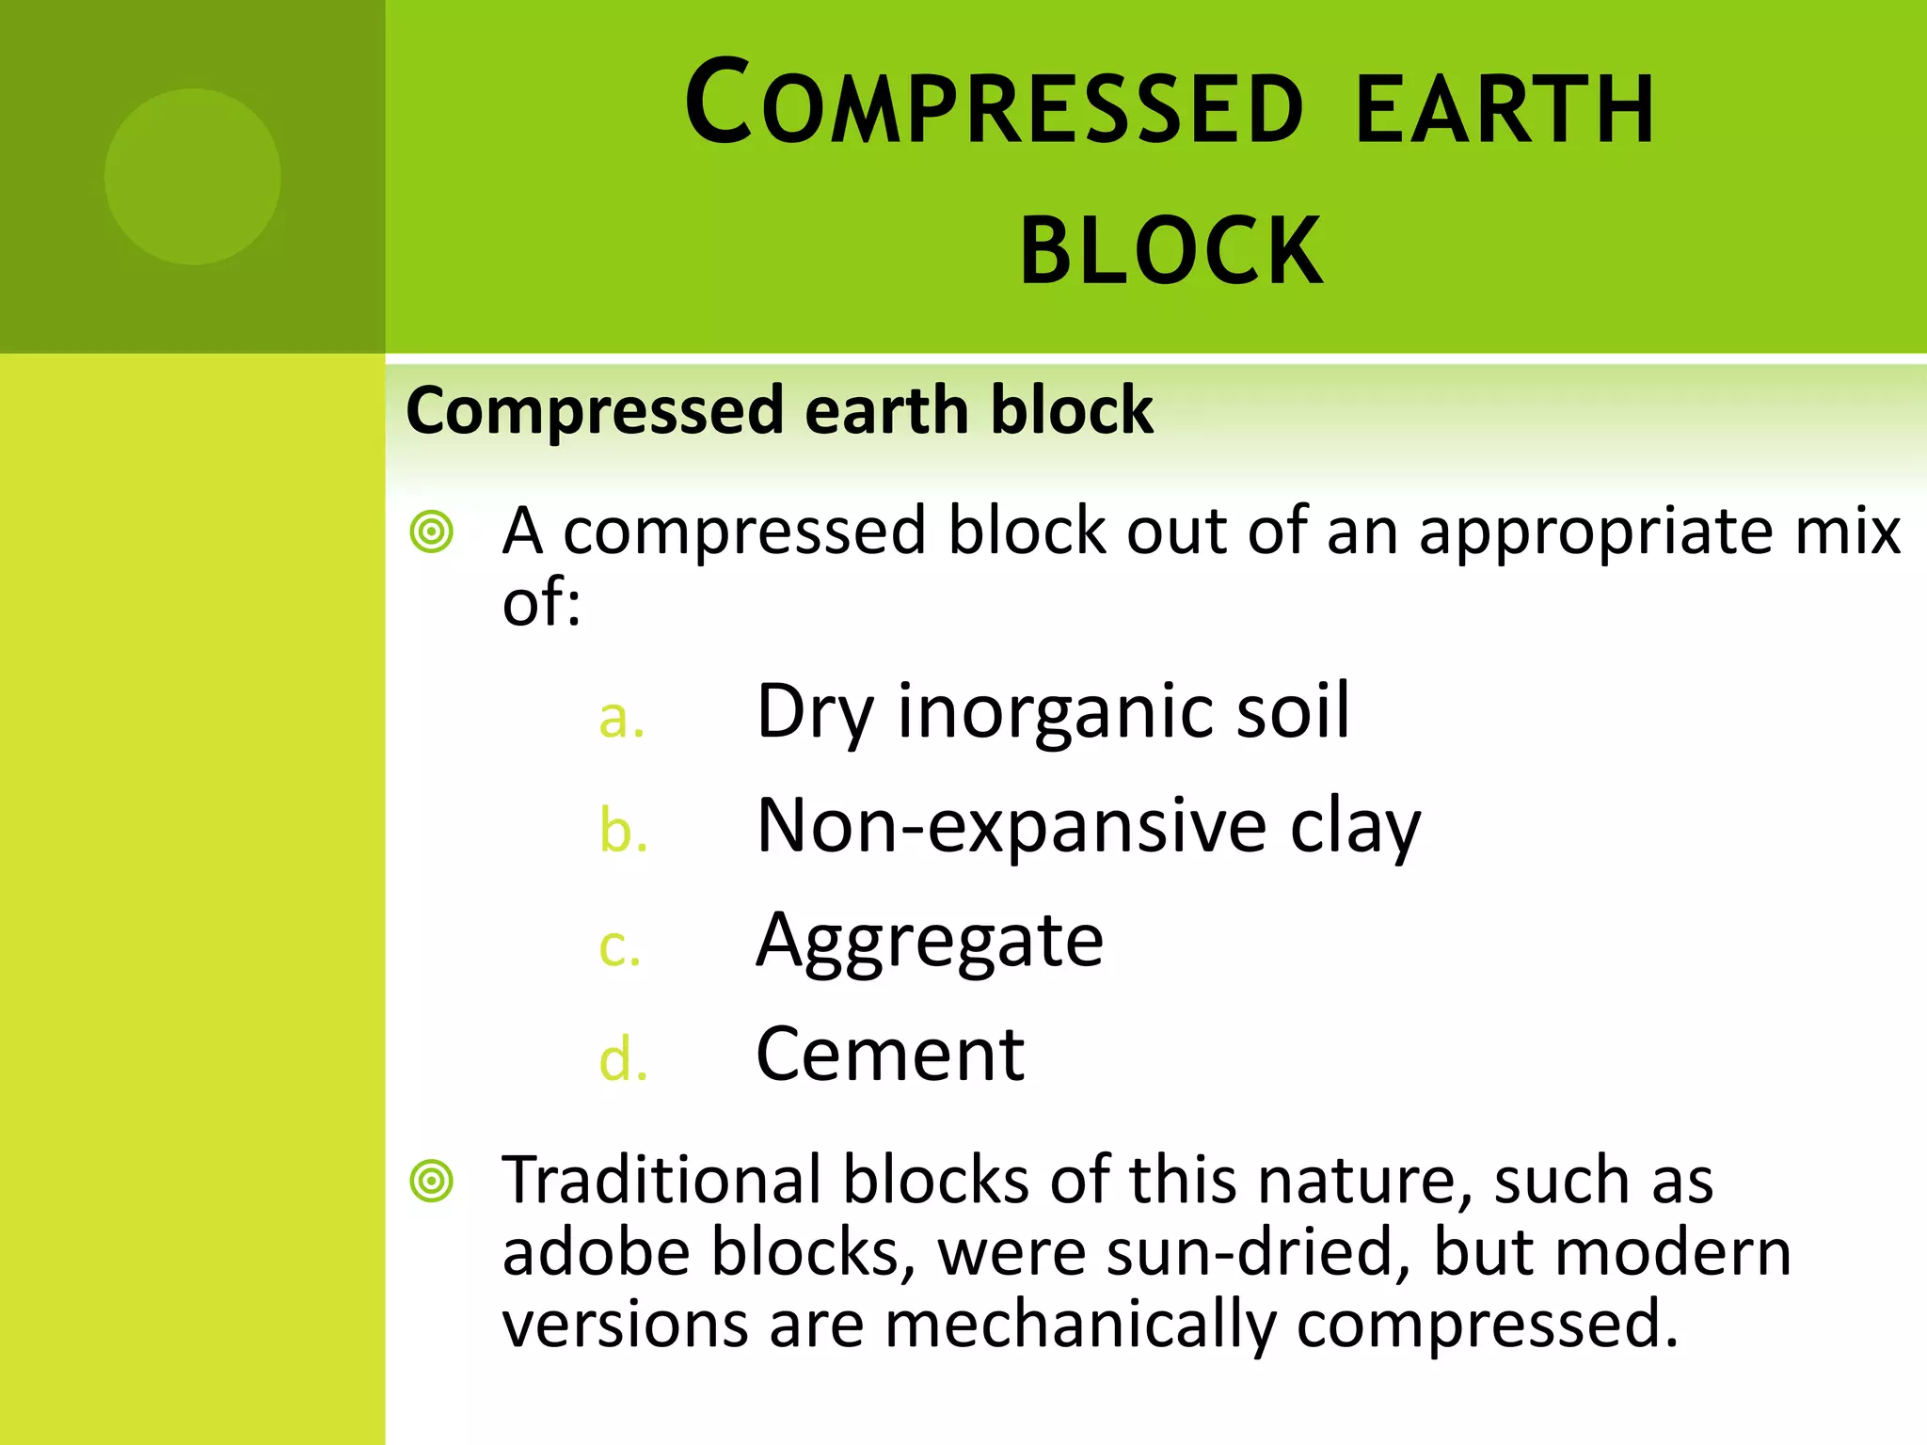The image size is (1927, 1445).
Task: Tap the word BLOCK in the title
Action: tap(1171, 251)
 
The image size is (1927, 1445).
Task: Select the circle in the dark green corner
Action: tap(192, 177)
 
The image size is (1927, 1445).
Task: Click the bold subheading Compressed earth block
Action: tap(778, 410)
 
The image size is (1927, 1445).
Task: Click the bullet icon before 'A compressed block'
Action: tap(432, 532)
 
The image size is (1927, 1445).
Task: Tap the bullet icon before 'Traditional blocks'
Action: tap(432, 1181)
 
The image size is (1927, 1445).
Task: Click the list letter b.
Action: tap(623, 832)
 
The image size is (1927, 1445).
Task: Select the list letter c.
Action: tap(619, 946)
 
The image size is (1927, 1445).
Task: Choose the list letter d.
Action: tap(623, 1060)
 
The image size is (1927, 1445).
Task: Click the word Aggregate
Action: tap(929, 941)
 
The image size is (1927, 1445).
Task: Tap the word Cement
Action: tap(889, 1055)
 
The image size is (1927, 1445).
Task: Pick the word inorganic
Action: tap(1055, 712)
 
